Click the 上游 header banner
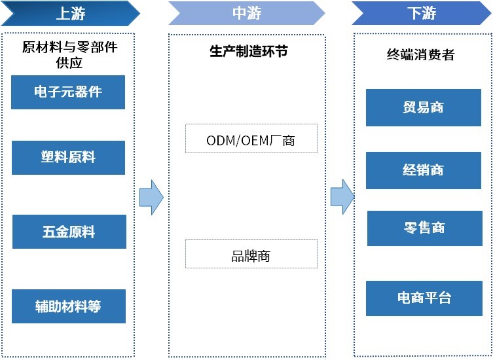pos(68,13)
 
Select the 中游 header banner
pos(246,13)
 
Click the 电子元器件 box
pos(68,92)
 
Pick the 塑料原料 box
pos(68,158)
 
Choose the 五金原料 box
pos(69,232)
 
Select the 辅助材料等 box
pos(68,306)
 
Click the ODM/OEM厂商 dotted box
pos(251,139)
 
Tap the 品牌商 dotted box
pos(251,254)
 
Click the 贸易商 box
pos(423,108)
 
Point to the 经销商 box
pos(423,170)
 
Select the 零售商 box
pos(424,228)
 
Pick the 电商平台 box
pos(424,298)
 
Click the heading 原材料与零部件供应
pos(69,55)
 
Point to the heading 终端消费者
pos(420,55)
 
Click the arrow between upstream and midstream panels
pos(151,197)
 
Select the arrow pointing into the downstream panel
pos(342,196)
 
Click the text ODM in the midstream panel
pos(220,139)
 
